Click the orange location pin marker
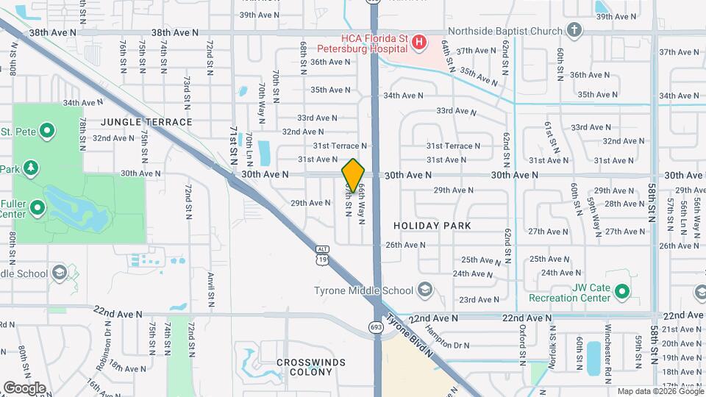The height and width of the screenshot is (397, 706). [353, 176]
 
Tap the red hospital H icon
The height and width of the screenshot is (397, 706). [418, 42]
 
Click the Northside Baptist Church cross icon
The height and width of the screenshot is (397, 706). [575, 31]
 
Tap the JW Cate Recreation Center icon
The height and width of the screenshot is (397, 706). [622, 293]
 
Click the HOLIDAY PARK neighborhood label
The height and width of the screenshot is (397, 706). [432, 226]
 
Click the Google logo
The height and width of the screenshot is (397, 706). [24, 388]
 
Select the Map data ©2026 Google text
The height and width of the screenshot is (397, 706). [659, 391]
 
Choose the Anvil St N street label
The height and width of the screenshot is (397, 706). [210, 289]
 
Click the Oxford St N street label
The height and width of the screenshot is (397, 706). [522, 343]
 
